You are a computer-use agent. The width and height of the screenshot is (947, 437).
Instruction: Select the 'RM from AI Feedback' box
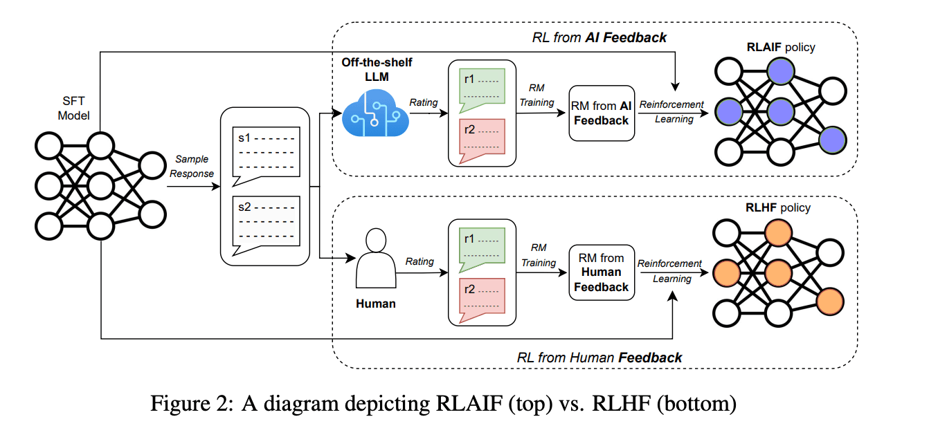point(602,113)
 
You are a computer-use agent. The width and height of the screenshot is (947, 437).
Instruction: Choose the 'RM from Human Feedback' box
point(602,272)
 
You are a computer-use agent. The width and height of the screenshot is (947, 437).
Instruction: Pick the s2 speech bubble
point(265,223)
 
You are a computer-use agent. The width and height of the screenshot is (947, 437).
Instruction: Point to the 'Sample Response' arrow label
point(192,167)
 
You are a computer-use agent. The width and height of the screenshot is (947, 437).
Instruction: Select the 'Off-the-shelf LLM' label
point(376,69)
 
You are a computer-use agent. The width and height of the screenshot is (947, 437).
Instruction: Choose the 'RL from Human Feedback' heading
point(599,357)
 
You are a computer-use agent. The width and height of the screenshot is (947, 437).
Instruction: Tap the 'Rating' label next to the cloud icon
point(423,102)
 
